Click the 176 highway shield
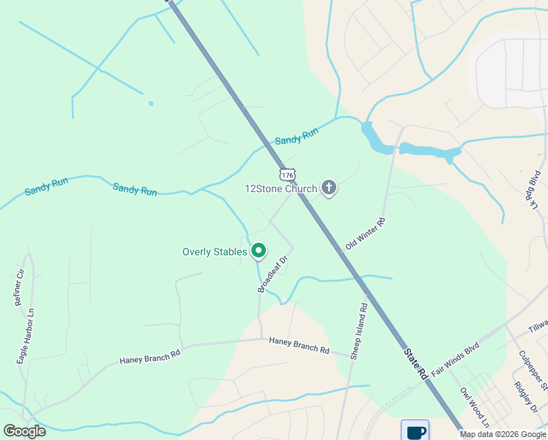pos(287,174)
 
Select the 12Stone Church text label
pos(281,188)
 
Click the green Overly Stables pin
pos(259,252)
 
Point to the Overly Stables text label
pos(215,252)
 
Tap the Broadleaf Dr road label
pos(274,272)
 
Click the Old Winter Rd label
pos(365,234)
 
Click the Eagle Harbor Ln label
pos(27,337)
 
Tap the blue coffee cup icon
pos(415,430)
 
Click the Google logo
pos(24,431)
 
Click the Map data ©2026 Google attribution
pos(503,434)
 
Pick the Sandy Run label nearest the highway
pos(297,136)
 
